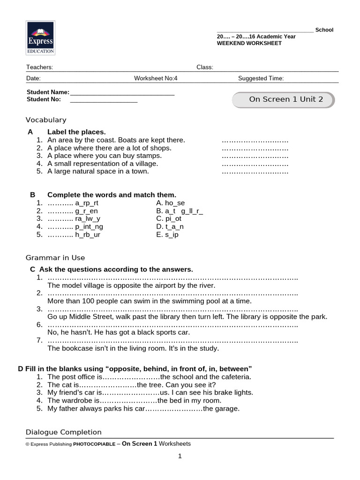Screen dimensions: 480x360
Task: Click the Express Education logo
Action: pyautogui.click(x=40, y=38)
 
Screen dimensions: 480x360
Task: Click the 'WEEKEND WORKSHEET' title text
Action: pyautogui.click(x=249, y=43)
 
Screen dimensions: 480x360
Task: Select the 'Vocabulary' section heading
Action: pyautogui.click(x=46, y=120)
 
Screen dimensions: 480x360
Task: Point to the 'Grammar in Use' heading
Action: pyautogui.click(x=55, y=258)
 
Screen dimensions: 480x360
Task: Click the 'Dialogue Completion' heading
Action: pyautogui.click(x=63, y=432)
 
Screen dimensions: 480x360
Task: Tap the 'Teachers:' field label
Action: pyautogui.click(x=39, y=67)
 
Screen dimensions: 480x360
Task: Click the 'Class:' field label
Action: pyautogui.click(x=205, y=67)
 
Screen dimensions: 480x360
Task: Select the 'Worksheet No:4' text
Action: pyautogui.click(x=156, y=79)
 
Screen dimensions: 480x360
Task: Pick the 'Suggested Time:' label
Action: pyautogui.click(x=261, y=79)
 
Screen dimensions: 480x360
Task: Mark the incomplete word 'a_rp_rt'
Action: pyautogui.click(x=87, y=203)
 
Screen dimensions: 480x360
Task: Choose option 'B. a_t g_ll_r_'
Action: pyautogui.click(x=180, y=211)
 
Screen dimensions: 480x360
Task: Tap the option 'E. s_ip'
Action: pyautogui.click(x=167, y=234)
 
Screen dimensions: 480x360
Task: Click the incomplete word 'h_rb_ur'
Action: pyautogui.click(x=88, y=234)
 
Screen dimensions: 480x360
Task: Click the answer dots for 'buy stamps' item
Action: pyautogui.click(x=255, y=156)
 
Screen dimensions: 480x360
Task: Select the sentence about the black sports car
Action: pyautogui.click(x=119, y=332)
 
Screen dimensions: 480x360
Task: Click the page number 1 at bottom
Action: pyautogui.click(x=180, y=456)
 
